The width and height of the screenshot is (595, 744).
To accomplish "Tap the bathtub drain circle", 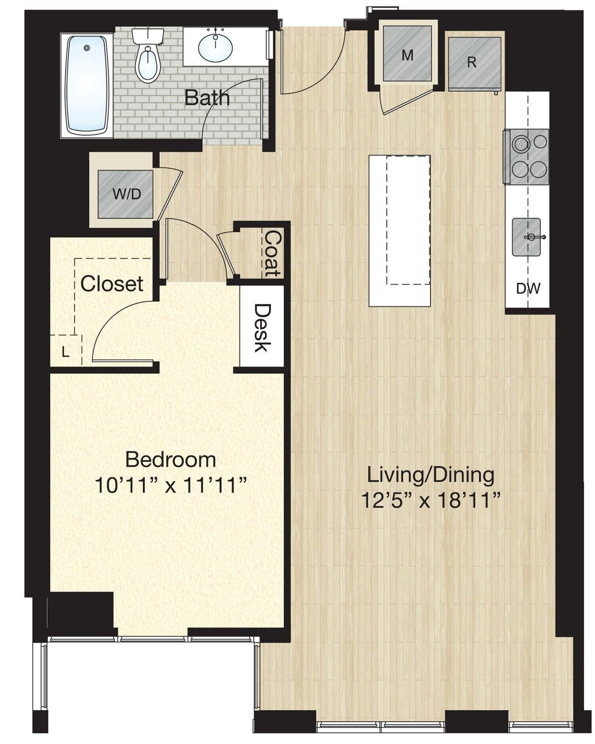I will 87,48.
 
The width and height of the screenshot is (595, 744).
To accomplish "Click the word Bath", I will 207,98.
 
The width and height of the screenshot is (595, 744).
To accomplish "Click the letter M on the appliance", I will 407,56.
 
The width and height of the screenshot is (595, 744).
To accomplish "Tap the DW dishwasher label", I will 528,289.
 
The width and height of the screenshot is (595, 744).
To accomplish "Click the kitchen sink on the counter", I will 527,237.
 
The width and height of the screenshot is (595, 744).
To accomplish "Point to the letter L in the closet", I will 66,353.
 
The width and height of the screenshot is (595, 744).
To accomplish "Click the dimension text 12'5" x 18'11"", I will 430,501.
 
